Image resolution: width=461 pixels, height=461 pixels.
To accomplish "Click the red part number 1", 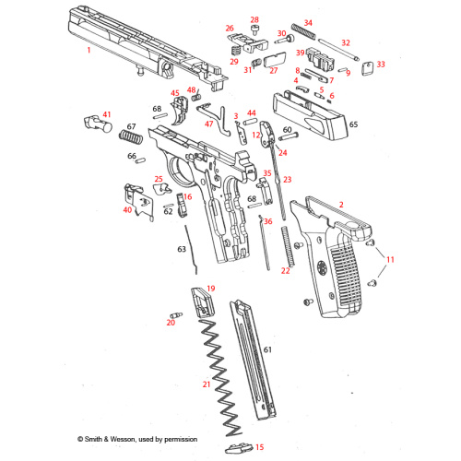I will [89, 51].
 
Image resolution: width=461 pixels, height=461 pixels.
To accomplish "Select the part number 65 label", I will [353, 123].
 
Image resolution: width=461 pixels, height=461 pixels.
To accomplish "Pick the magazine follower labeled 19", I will [200, 299].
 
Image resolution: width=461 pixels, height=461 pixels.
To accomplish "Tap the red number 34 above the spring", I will [308, 23].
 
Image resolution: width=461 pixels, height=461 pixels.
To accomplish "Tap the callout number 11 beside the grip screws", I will [389, 260].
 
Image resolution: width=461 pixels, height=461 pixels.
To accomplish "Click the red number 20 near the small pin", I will [171, 322].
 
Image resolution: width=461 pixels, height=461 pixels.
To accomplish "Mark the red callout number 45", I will [174, 93].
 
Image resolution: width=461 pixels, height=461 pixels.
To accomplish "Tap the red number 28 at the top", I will [254, 19].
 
